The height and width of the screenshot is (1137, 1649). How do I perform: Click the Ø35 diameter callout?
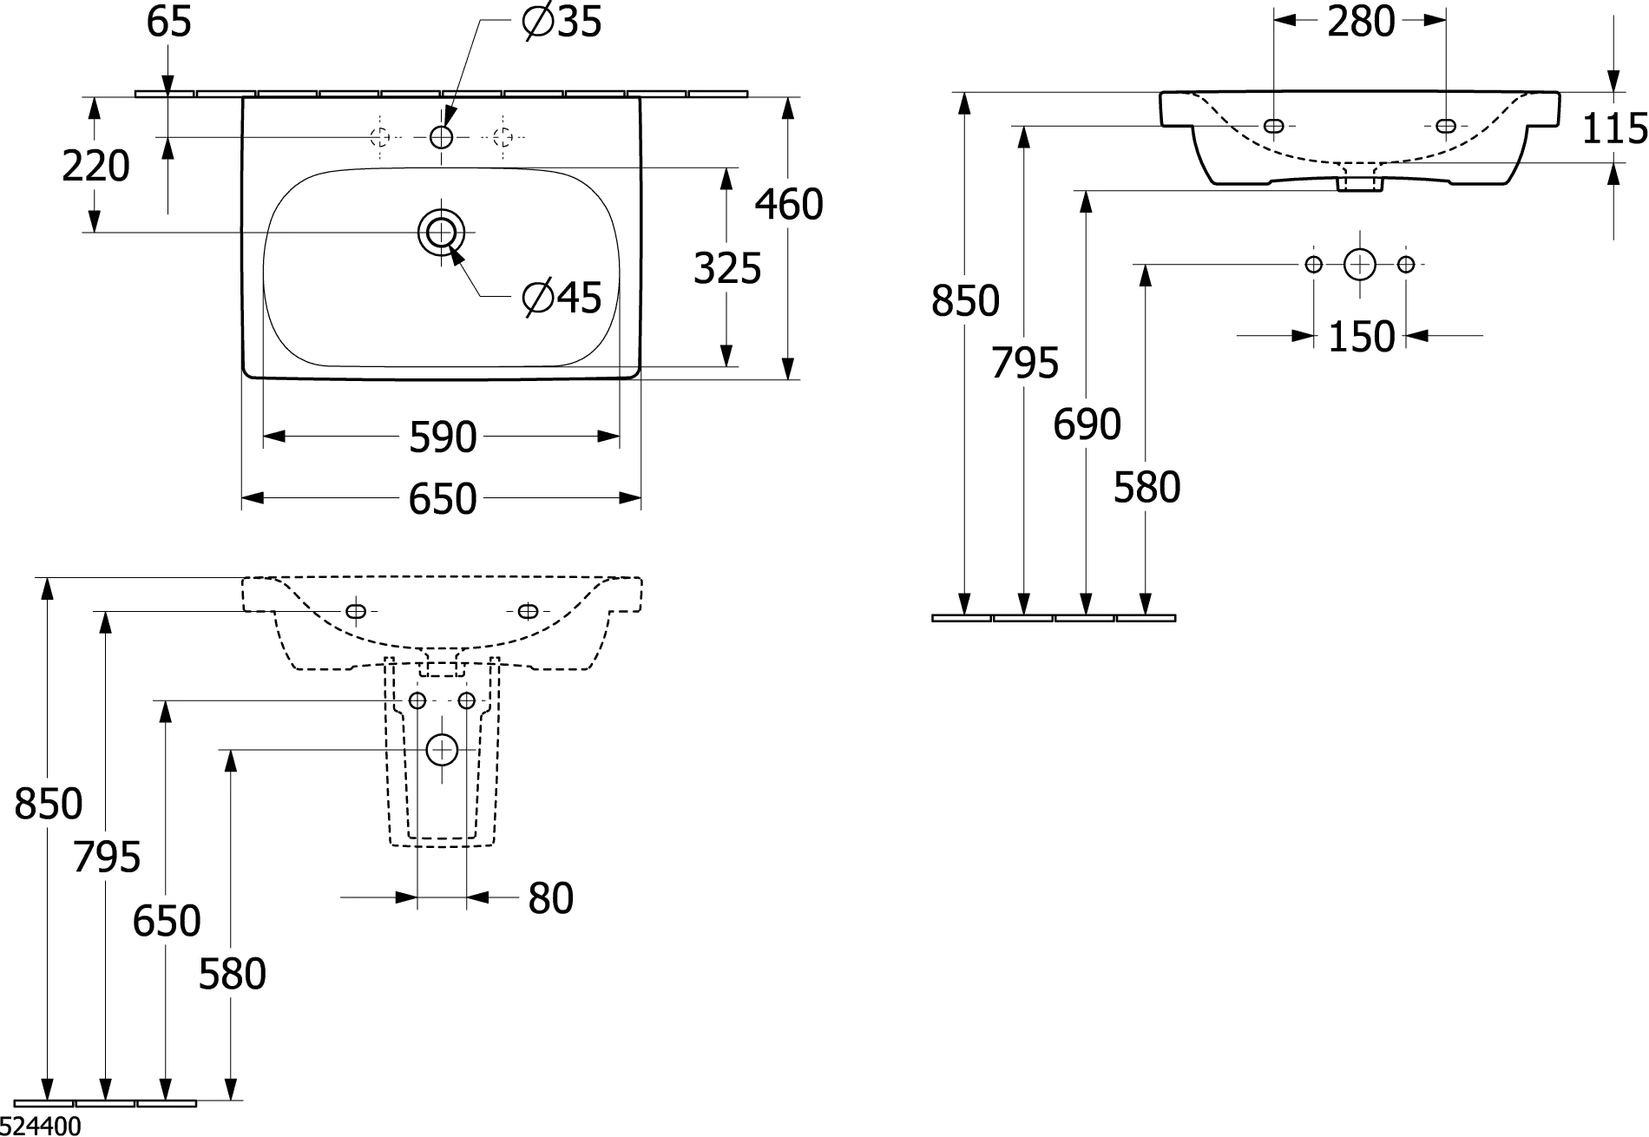pyautogui.click(x=562, y=22)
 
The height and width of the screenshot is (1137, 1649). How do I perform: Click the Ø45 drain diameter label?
pyautogui.click(x=562, y=298)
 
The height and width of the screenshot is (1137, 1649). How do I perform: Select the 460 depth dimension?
pyautogui.click(x=789, y=205)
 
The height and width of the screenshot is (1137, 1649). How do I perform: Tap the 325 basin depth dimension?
pyautogui.click(x=727, y=268)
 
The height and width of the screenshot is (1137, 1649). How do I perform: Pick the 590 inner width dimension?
pyautogui.click(x=443, y=437)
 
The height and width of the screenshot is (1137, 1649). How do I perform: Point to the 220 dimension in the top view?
pyautogui.click(x=95, y=166)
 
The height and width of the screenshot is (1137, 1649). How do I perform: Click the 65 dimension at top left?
pyautogui.click(x=168, y=22)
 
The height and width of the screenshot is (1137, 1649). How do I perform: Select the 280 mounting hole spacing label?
pyautogui.click(x=1361, y=22)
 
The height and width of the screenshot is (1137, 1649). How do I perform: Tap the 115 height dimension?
pyautogui.click(x=1614, y=129)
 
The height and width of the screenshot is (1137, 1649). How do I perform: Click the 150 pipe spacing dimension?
pyautogui.click(x=1361, y=336)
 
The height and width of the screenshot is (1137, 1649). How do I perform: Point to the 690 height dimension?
pyautogui.click(x=1087, y=424)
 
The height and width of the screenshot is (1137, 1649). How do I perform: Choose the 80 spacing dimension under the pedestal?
pyautogui.click(x=551, y=898)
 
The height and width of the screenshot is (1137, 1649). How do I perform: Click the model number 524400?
pyautogui.click(x=41, y=1126)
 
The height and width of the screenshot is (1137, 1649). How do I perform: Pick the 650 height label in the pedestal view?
pyautogui.click(x=167, y=920)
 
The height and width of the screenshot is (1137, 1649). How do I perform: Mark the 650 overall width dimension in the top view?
pyautogui.click(x=443, y=499)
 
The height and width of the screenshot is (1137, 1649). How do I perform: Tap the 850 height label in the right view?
pyautogui.click(x=965, y=301)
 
